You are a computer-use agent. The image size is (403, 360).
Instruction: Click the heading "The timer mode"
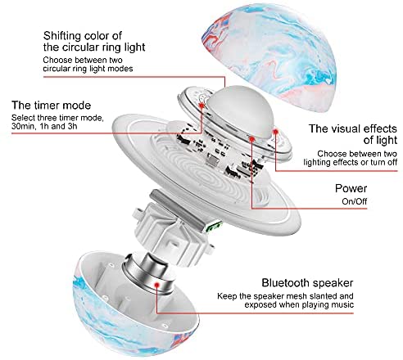pyautogui.click(x=52, y=106)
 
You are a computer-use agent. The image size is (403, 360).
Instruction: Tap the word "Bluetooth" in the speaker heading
pyautogui.click(x=286, y=283)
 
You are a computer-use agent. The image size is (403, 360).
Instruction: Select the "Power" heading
pyautogui.click(x=351, y=188)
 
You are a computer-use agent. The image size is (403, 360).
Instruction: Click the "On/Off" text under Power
pyautogui.click(x=355, y=201)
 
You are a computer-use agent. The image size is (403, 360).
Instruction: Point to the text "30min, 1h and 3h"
pyautogui.click(x=44, y=127)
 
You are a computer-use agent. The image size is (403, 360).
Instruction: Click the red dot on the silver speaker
pyautogui.click(x=156, y=285)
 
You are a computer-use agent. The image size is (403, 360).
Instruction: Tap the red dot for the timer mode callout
pyautogui.click(x=201, y=106)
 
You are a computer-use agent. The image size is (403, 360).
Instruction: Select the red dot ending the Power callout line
pyautogui.click(x=251, y=139)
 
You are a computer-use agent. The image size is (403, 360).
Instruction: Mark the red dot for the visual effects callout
pyautogui.click(x=275, y=132)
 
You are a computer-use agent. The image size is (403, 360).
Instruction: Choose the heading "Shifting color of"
pyautogui.click(x=83, y=36)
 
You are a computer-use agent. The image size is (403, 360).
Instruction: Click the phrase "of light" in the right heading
pyautogui.click(x=380, y=140)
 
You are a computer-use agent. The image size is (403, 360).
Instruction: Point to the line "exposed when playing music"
pyautogui.click(x=299, y=304)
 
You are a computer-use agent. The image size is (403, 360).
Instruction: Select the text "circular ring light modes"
pyautogui.click(x=88, y=69)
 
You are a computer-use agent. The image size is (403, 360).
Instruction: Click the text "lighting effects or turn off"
pyautogui.click(x=351, y=162)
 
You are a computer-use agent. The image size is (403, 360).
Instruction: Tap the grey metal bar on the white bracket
pyautogui.click(x=178, y=209)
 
